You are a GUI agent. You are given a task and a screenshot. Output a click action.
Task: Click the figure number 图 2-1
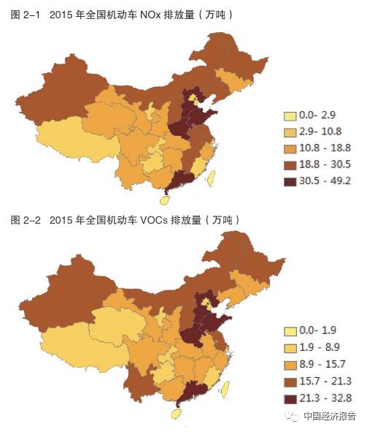click(x=21, y=13)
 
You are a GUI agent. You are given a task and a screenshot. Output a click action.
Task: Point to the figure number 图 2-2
click(x=21, y=219)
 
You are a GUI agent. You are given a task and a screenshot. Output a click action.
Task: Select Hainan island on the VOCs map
click(x=174, y=413)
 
